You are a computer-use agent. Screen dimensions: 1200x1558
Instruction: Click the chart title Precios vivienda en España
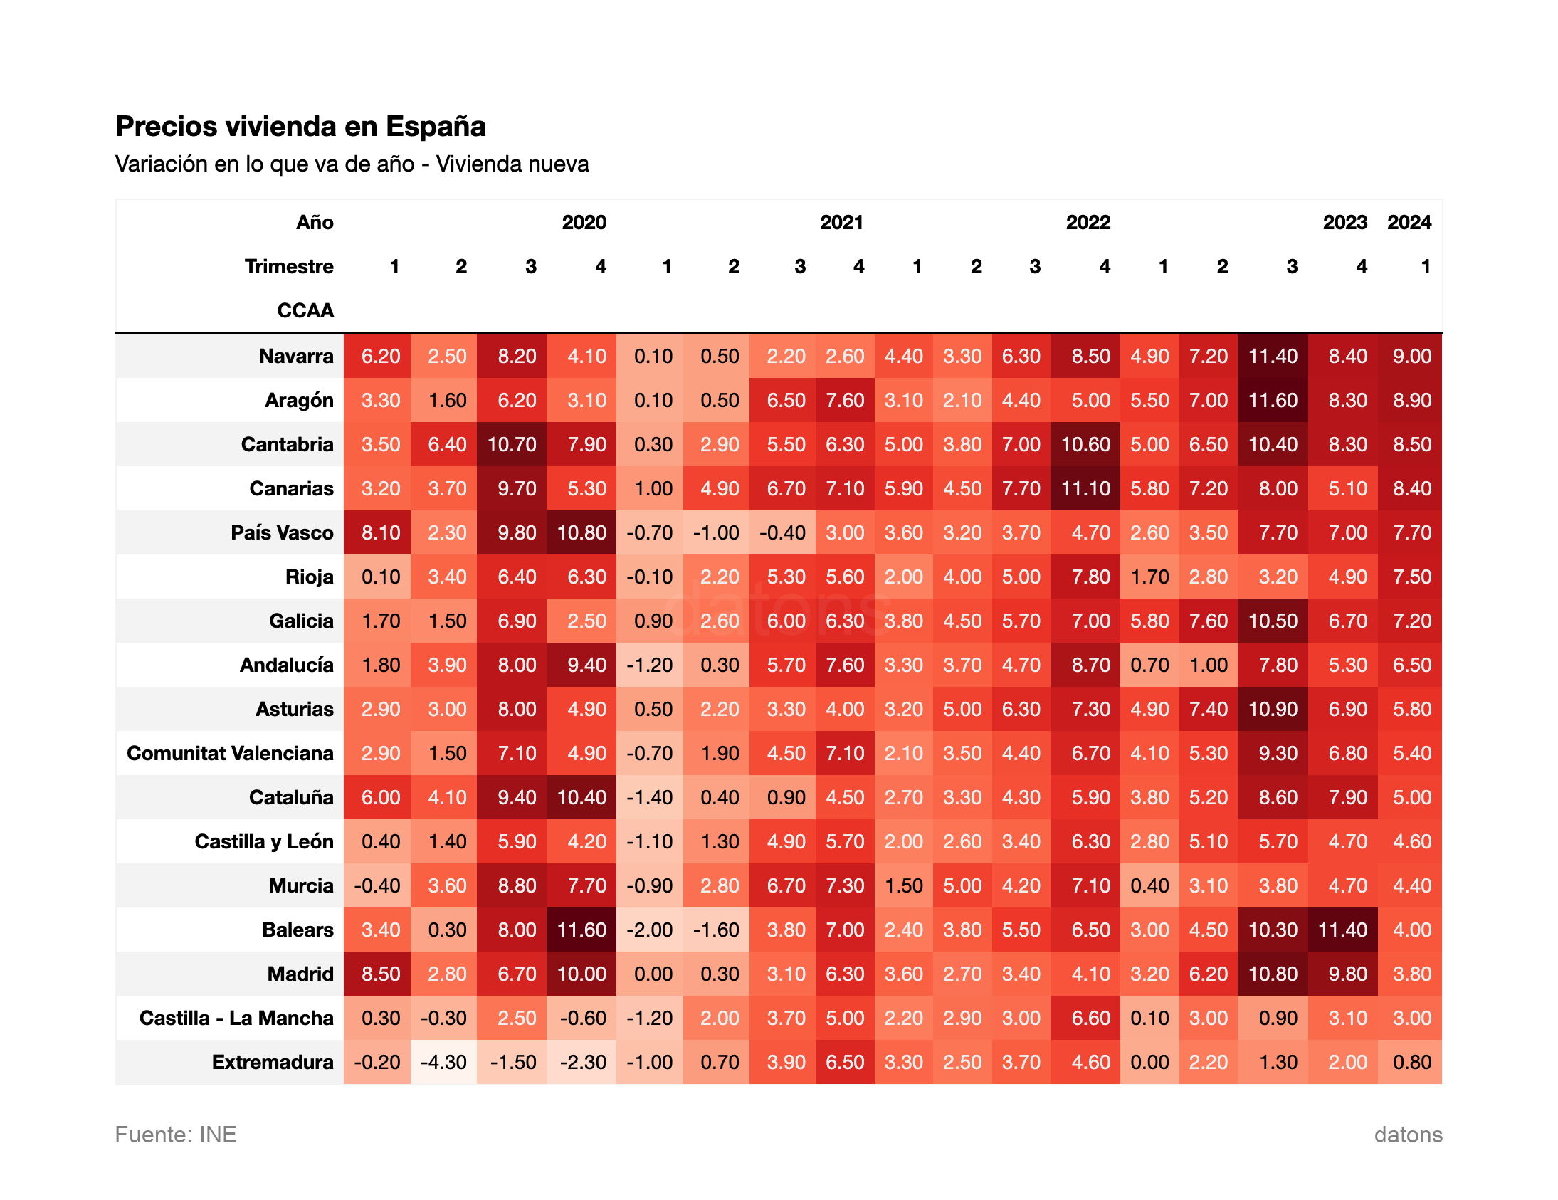pyautogui.click(x=300, y=126)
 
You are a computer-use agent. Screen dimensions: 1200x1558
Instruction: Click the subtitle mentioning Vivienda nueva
pyautogui.click(x=352, y=164)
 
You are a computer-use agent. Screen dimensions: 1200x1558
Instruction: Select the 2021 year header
pyautogui.click(x=841, y=223)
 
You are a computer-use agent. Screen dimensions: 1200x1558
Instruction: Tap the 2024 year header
pyautogui.click(x=1409, y=223)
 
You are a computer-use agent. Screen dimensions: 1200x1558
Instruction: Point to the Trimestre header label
pyautogui.click(x=289, y=267)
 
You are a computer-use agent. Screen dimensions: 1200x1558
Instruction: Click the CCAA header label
pyautogui.click(x=305, y=311)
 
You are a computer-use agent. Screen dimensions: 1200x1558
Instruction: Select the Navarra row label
pyautogui.click(x=296, y=356)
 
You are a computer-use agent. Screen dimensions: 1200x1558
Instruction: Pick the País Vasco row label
pyautogui.click(x=282, y=533)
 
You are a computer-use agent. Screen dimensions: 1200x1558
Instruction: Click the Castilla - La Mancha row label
pyautogui.click(x=236, y=1018)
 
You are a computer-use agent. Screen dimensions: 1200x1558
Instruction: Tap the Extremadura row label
pyautogui.click(x=273, y=1063)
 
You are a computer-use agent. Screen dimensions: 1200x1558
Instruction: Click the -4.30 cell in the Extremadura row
pyautogui.click(x=443, y=1063)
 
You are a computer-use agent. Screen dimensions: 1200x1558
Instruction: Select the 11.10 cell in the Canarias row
pyautogui.click(x=1085, y=489)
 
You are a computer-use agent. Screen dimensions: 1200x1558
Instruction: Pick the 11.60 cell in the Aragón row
pyautogui.click(x=1273, y=400)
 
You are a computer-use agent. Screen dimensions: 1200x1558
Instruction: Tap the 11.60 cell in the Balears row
pyautogui.click(x=581, y=930)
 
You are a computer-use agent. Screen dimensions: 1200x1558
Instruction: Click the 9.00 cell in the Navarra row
pyautogui.click(x=1412, y=356)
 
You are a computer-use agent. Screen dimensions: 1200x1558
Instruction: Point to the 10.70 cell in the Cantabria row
pyautogui.click(x=512, y=444)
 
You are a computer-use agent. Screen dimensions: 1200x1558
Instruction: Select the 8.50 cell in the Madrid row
pyautogui.click(x=380, y=974)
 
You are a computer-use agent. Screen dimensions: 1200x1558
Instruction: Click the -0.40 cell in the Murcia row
pyautogui.click(x=377, y=886)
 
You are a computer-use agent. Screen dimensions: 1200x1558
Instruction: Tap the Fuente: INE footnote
pyautogui.click(x=176, y=1135)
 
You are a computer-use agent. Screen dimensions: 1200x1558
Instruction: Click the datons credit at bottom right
pyautogui.click(x=1408, y=1135)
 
